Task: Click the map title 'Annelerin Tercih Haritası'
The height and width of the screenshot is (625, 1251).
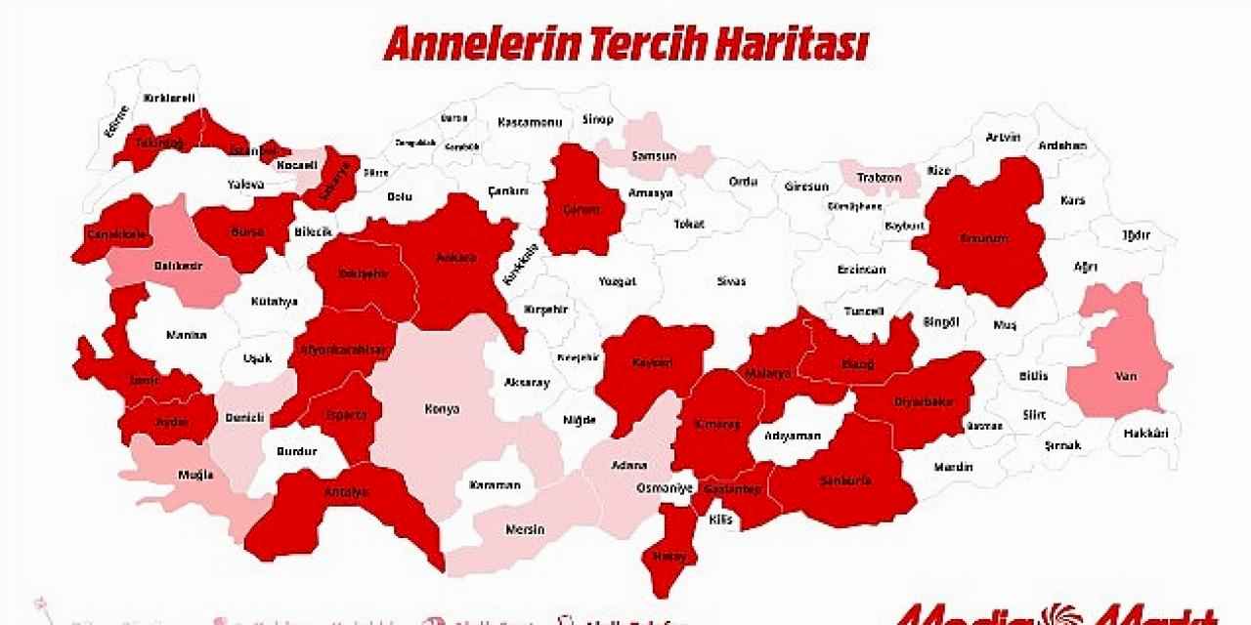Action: click(x=625, y=44)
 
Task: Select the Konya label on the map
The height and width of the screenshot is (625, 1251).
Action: click(x=441, y=409)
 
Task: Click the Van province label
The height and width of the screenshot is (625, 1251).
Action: click(x=1124, y=375)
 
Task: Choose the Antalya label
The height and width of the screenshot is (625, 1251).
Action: click(x=346, y=492)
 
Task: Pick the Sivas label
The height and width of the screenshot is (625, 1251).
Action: click(x=731, y=281)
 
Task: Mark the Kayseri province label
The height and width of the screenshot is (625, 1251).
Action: click(x=652, y=362)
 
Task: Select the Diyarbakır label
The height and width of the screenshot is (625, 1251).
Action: click(x=923, y=401)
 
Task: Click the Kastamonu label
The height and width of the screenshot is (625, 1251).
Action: click(x=530, y=122)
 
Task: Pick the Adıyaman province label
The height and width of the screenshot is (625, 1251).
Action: click(x=793, y=436)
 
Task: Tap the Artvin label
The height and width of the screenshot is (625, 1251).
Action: click(x=1003, y=138)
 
